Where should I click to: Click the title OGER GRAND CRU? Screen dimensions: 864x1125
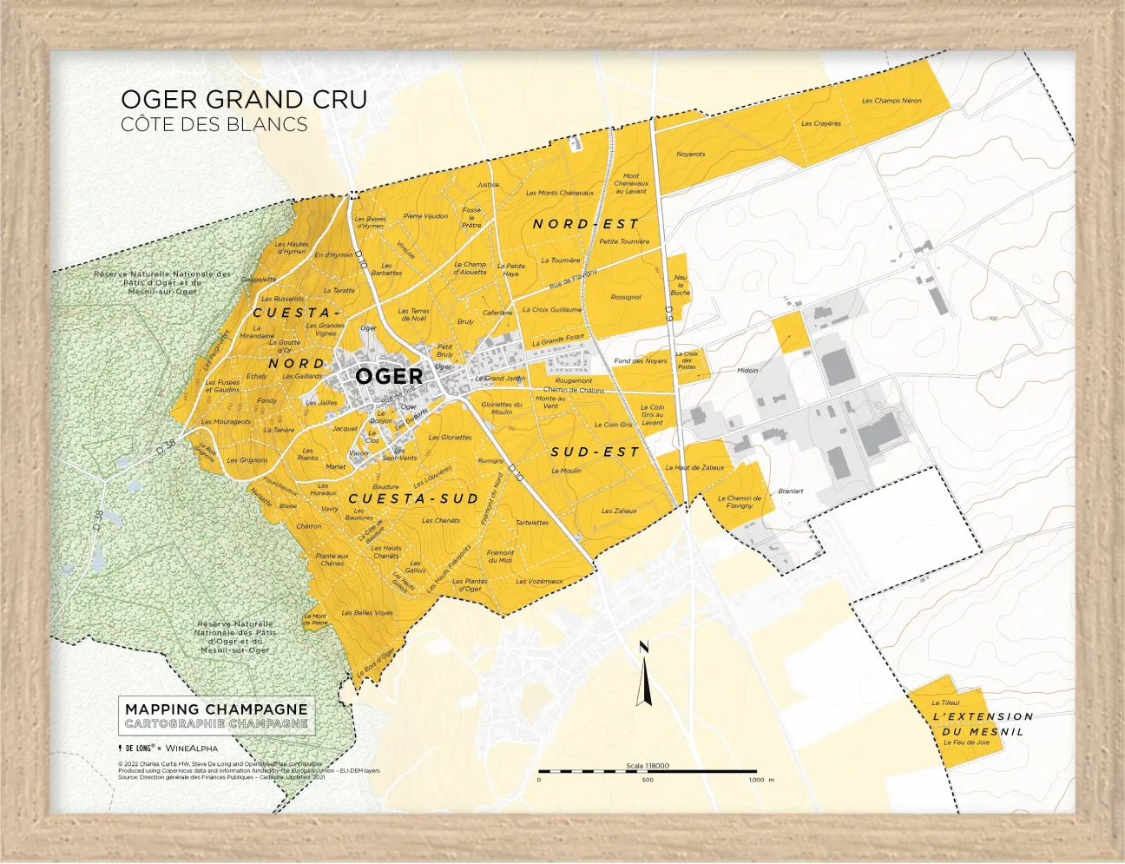[x=244, y=100]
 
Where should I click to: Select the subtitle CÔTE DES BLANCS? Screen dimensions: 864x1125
[x=214, y=124]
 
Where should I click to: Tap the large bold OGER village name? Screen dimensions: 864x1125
[x=389, y=376]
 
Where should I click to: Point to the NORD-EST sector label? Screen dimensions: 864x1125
[x=585, y=224]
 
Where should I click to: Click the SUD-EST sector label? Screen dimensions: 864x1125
[x=595, y=452]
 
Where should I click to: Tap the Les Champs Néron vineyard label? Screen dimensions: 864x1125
[x=891, y=101]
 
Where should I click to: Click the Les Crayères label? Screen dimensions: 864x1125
[x=820, y=123]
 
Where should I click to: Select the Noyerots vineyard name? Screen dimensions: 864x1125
[x=690, y=155]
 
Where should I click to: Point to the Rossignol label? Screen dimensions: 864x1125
[x=625, y=297]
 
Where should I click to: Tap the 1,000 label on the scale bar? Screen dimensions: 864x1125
[x=754, y=780]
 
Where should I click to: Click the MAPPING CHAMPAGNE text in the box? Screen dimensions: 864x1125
[x=216, y=709]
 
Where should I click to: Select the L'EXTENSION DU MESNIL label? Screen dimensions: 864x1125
[x=983, y=723]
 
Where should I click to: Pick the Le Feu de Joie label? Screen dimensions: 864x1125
[x=965, y=742]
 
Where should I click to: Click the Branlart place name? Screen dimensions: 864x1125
[x=790, y=491]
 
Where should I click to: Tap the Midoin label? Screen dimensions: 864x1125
[x=747, y=371]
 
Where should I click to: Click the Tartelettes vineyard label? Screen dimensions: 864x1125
[x=531, y=523]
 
